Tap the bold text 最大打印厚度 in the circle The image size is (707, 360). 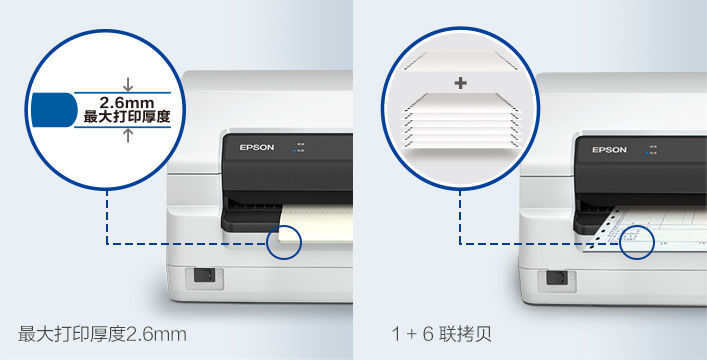(x=126, y=117)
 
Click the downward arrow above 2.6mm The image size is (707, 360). (x=127, y=84)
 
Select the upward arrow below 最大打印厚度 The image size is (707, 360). (x=127, y=135)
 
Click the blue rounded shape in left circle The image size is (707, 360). (x=55, y=109)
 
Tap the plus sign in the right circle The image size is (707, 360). (x=460, y=83)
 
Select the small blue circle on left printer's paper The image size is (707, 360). (x=285, y=241)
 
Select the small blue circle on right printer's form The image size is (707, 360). (x=638, y=241)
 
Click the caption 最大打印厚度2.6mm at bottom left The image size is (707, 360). (x=103, y=332)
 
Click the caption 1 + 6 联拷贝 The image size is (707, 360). (x=441, y=332)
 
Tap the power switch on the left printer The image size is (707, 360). (x=202, y=276)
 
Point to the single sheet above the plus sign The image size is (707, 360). (x=460, y=60)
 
